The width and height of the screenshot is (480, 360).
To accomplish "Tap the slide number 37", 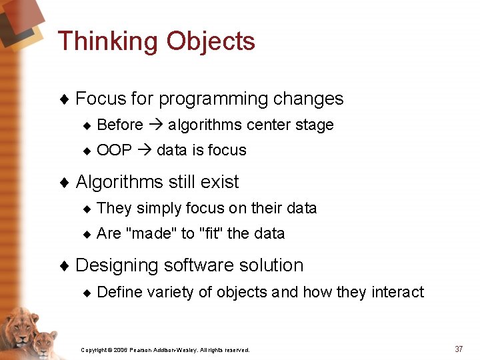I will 459,349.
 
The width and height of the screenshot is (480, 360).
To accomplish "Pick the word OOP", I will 114,151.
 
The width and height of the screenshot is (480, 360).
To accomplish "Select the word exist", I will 219,182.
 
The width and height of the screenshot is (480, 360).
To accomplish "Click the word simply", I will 159,208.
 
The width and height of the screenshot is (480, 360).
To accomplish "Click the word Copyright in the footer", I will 93,350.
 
